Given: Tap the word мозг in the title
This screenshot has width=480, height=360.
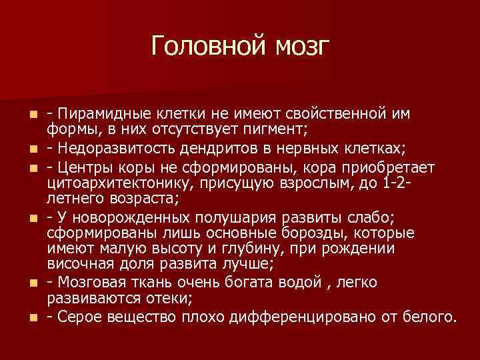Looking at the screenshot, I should pyautogui.click(x=298, y=46).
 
